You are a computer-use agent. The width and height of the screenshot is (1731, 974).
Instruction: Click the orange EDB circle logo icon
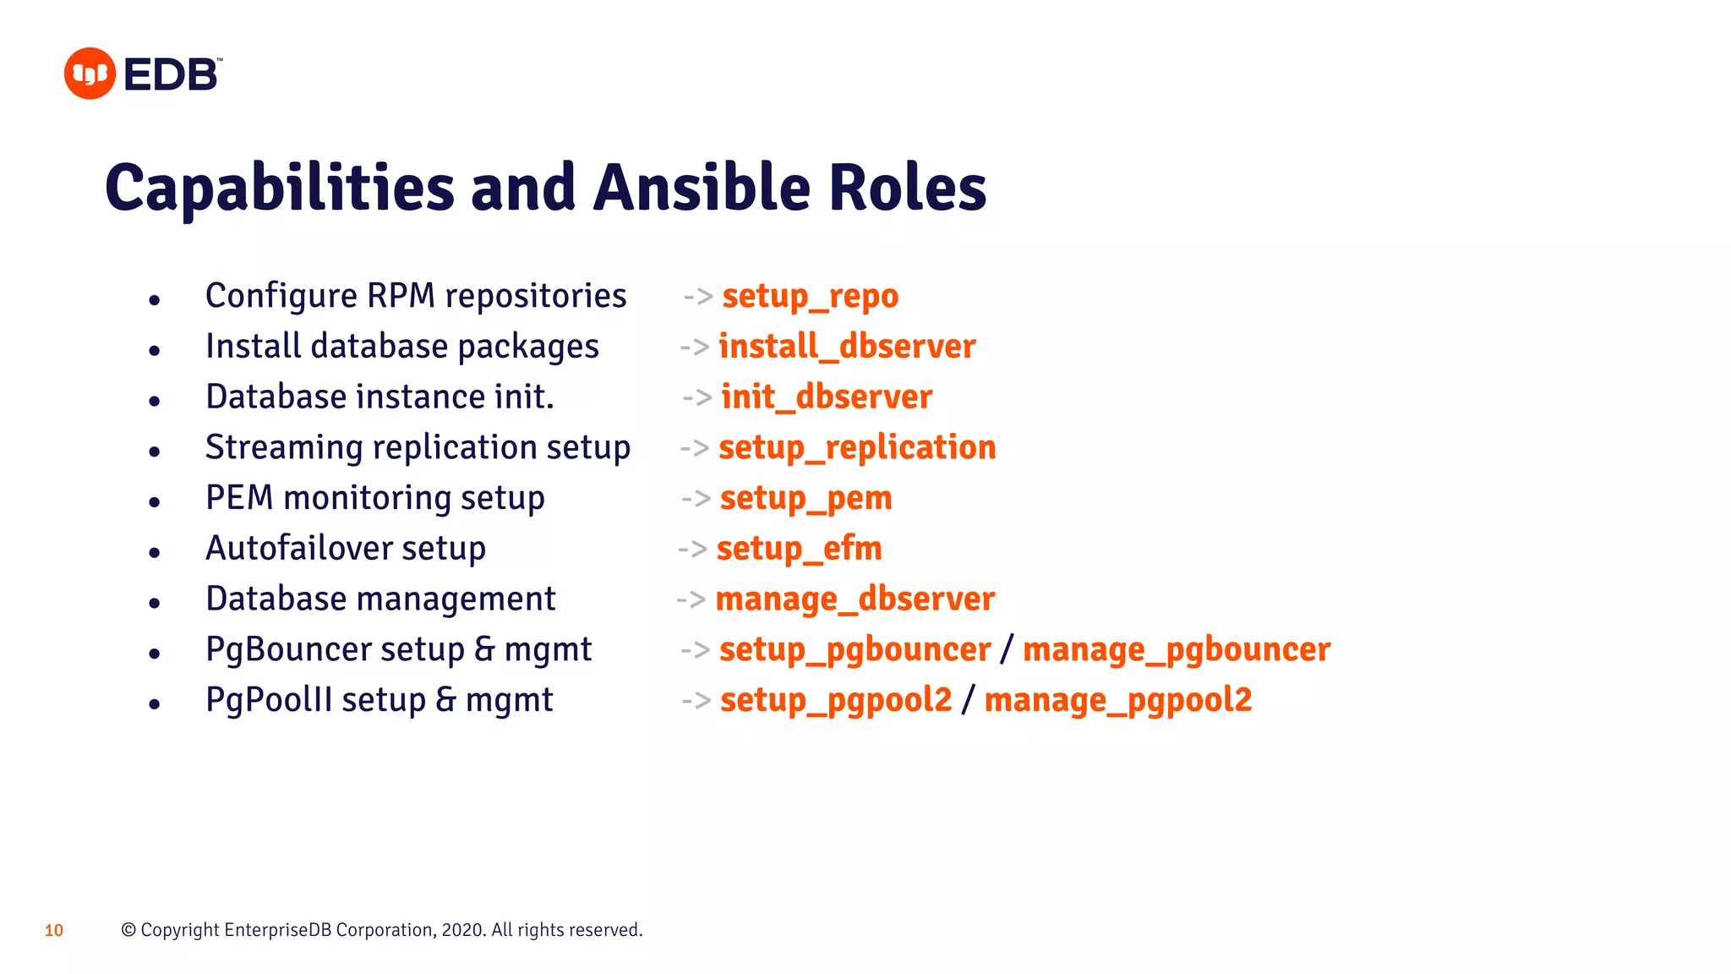click(x=90, y=74)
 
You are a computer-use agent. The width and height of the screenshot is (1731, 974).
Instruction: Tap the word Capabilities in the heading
click(x=280, y=188)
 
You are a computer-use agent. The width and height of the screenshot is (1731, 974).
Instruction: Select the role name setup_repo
click(x=810, y=296)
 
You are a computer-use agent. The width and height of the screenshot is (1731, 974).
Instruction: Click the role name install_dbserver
click(x=847, y=347)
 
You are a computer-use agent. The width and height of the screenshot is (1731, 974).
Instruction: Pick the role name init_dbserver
click(x=827, y=397)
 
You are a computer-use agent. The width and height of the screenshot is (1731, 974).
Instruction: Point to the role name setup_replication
click(x=857, y=447)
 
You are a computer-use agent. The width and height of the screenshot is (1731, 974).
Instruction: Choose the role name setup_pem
click(x=805, y=498)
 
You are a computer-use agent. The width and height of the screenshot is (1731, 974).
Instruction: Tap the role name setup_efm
click(x=799, y=549)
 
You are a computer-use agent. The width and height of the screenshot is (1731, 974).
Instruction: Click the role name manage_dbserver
click(x=855, y=599)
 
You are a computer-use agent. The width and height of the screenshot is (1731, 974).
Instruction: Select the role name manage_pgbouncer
click(x=1177, y=649)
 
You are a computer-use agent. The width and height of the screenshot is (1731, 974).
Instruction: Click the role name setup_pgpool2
click(x=836, y=700)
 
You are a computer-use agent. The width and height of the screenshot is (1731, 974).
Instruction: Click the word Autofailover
click(x=298, y=549)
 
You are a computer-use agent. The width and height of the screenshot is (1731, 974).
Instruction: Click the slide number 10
click(x=54, y=931)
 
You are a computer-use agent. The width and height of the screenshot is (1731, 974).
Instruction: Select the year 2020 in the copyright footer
click(x=462, y=930)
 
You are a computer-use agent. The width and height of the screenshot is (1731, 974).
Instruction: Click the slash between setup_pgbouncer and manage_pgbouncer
click(x=1006, y=649)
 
